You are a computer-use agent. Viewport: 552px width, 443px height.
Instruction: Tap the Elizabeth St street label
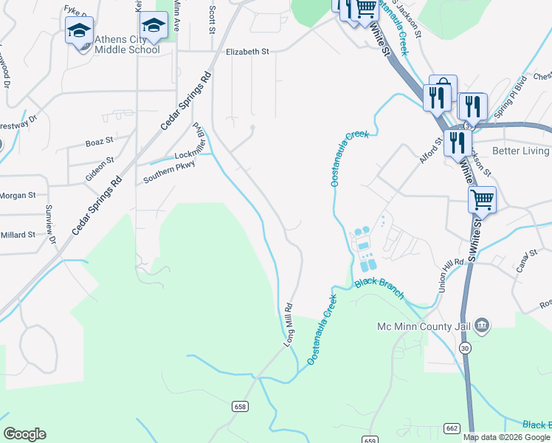pos(248,52)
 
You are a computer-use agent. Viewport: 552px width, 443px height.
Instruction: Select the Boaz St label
pos(99,141)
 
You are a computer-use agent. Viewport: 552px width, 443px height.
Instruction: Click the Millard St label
pos(18,235)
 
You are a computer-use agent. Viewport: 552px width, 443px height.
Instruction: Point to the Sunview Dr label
pos(49,224)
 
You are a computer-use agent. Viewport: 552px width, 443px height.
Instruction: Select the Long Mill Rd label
pos(289,325)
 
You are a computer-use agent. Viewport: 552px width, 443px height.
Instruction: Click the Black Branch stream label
pos(379,288)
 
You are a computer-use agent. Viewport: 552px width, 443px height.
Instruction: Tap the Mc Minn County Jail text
pos(424,326)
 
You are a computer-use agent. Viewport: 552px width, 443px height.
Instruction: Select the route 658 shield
pos(239,407)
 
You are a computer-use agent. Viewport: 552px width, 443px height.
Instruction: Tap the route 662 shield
pos(452,427)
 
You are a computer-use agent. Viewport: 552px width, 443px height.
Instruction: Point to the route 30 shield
pos(464,348)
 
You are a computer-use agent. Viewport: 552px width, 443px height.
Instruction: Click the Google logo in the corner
pos(24,434)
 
